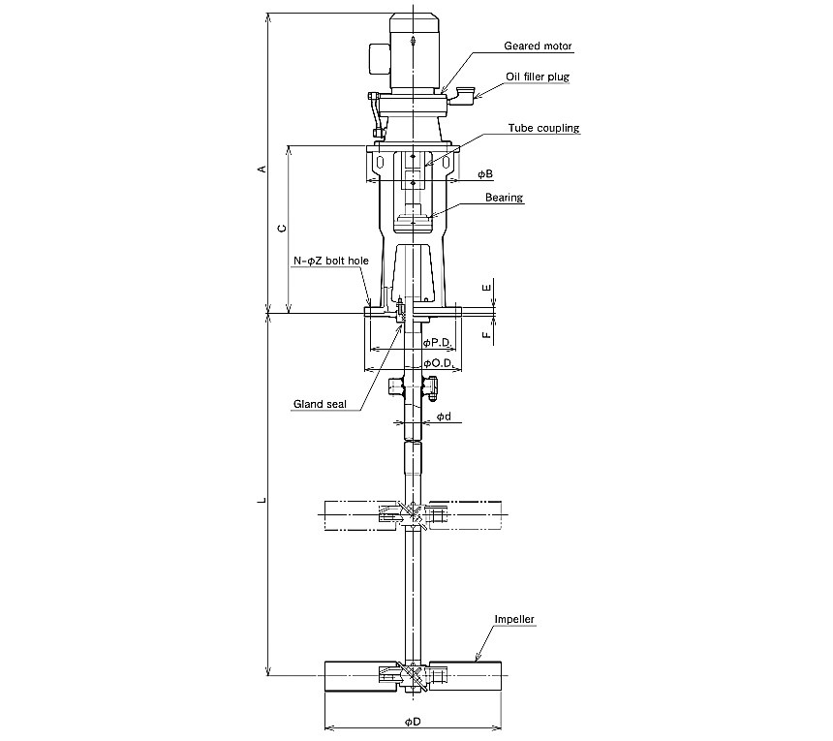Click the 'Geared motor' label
coord(538,46)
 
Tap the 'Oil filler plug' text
coord(538,77)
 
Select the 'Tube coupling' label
coord(543,128)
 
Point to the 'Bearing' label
coord(504,198)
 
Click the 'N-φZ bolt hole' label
coord(331,261)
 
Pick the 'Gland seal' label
coord(320,404)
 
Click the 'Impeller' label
coord(514,619)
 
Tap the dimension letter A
coord(262,169)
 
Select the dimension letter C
coord(282,229)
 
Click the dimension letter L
coord(262,500)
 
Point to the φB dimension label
coord(485,173)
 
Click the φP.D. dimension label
coord(438,343)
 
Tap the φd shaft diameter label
coord(445,417)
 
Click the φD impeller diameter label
coord(413,722)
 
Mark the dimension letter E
coord(486,288)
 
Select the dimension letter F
coord(486,335)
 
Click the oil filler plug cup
coord(461,96)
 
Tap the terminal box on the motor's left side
coord(380,58)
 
